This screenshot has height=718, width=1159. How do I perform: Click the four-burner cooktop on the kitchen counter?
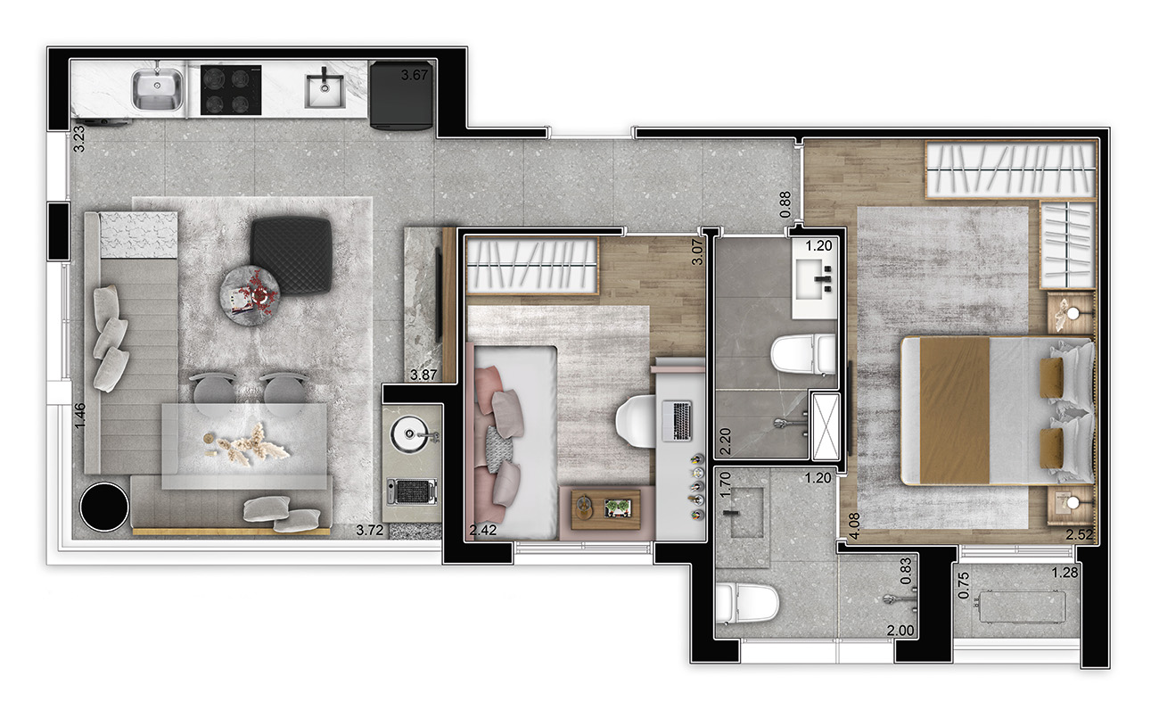pos(231,90)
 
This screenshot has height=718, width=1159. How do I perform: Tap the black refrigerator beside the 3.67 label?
pos(400,95)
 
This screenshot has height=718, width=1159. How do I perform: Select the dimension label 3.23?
pos(78,139)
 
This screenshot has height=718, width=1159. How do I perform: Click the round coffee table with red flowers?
pos(250,295)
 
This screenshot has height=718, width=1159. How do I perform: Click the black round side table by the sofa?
pos(104,507)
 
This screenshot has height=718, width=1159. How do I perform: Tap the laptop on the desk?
pos(677,421)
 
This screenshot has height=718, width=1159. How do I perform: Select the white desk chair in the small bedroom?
pos(637,421)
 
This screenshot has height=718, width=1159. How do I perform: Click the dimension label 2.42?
pos(482,530)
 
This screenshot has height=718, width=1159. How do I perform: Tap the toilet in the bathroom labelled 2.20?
pos(803,354)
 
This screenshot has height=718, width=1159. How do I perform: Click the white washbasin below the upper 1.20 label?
pos(814,283)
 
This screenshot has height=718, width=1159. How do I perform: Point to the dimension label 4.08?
pos(855,526)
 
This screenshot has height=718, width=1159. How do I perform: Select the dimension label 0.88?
pos(785,205)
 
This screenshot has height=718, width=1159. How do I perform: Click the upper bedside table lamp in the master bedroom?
pos(1073,313)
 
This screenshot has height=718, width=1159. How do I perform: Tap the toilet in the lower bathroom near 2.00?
pos(746,604)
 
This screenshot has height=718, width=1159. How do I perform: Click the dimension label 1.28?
pos(1064,573)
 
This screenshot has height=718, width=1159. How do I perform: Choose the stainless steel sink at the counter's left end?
pos(158,89)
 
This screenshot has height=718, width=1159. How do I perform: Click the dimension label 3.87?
pos(423,375)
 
